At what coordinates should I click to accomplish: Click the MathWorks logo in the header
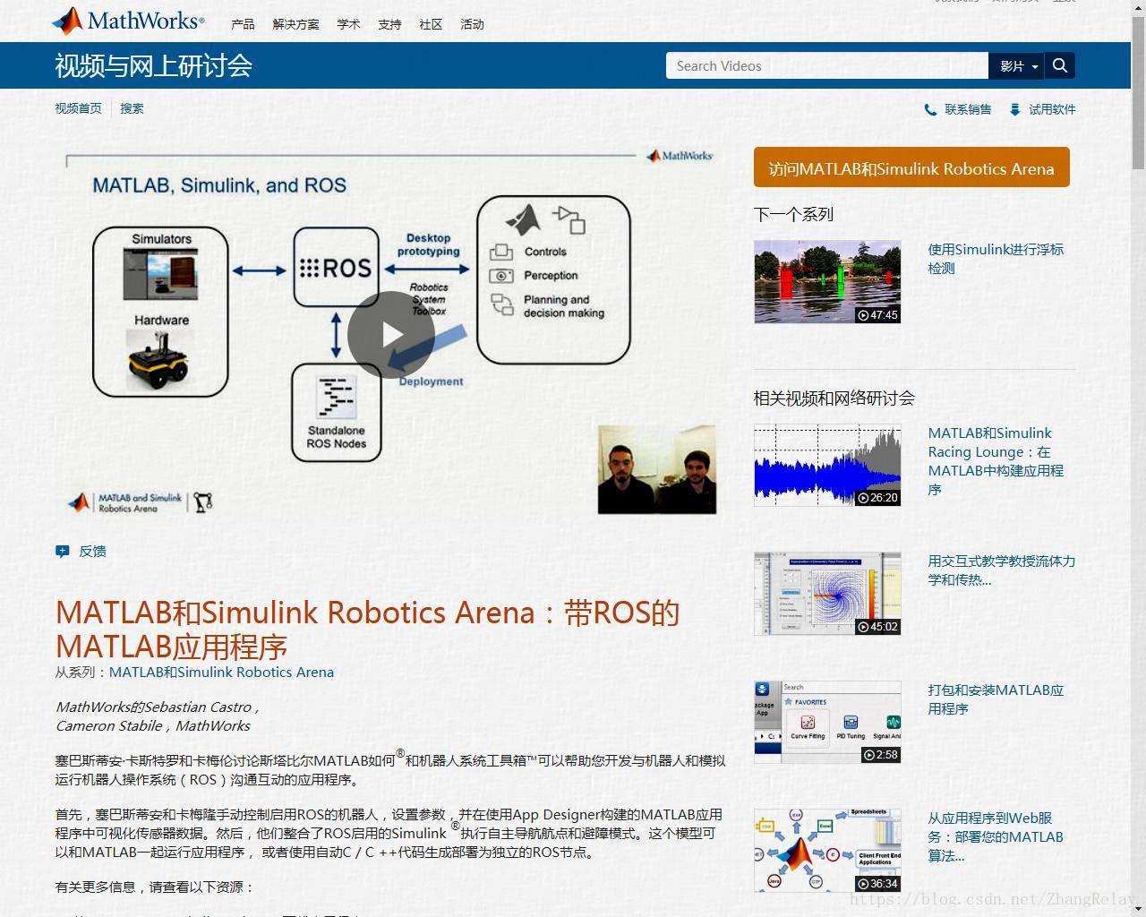coord(128,21)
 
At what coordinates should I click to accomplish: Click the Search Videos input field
coord(826,65)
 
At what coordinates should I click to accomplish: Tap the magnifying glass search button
coord(1060,65)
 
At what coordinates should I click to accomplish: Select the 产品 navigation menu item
coord(243,24)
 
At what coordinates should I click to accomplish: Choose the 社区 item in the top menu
coord(431,24)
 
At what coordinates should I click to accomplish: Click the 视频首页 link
coord(78,108)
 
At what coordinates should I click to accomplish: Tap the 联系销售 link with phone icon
coord(967,109)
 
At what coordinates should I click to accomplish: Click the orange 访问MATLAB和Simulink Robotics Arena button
coord(911,168)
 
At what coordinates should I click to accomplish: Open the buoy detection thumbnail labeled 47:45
coord(827,281)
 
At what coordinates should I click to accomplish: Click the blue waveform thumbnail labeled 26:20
coord(827,466)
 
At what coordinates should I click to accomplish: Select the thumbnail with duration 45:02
coord(827,594)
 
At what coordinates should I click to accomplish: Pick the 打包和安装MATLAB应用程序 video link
coord(996,698)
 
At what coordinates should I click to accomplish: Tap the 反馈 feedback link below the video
coord(91,552)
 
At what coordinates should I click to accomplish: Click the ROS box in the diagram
coord(336,268)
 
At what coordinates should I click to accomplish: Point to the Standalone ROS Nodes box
coord(337,413)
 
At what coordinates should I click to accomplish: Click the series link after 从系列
coord(221,672)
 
